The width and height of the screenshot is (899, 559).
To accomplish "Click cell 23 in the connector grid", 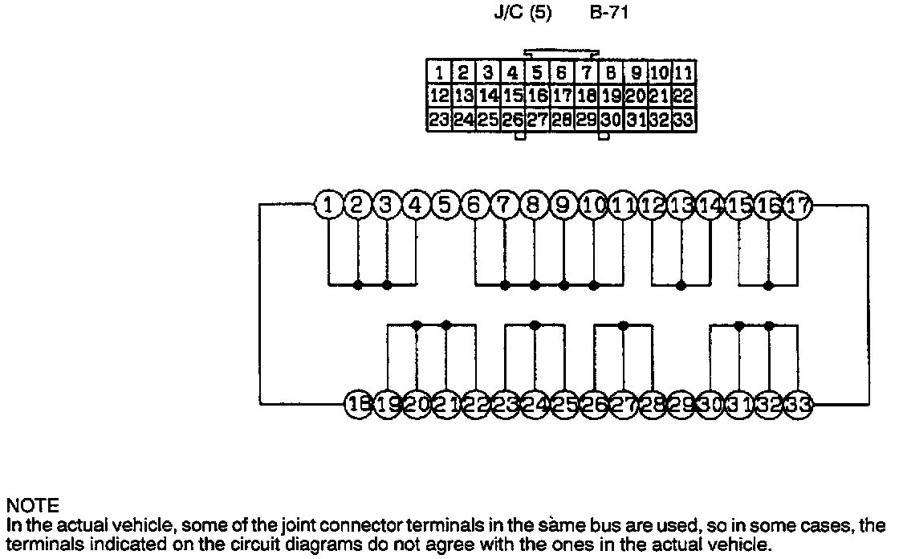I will click(x=439, y=120).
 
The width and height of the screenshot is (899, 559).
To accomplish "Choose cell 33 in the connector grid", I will click(x=684, y=120).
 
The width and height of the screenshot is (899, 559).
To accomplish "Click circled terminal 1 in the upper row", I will click(x=327, y=205).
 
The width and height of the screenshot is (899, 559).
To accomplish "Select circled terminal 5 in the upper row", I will click(x=445, y=205).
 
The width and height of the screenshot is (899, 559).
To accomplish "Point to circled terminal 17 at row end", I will click(x=797, y=205).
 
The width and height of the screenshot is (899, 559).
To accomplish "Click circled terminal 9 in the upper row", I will click(x=563, y=205).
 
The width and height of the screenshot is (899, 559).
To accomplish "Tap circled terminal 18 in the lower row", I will click(x=357, y=404).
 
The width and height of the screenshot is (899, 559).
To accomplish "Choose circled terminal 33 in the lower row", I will click(x=797, y=404).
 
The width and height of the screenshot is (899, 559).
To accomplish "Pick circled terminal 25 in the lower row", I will click(x=563, y=404).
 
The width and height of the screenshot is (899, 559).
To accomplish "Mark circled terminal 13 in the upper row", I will click(x=681, y=205).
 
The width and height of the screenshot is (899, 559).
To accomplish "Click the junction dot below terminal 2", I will click(x=357, y=284).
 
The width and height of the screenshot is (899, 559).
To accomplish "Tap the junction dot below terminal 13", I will click(x=681, y=284).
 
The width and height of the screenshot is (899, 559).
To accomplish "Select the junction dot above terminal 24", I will click(x=534, y=324).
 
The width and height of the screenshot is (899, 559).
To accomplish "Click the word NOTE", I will click(x=32, y=506).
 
